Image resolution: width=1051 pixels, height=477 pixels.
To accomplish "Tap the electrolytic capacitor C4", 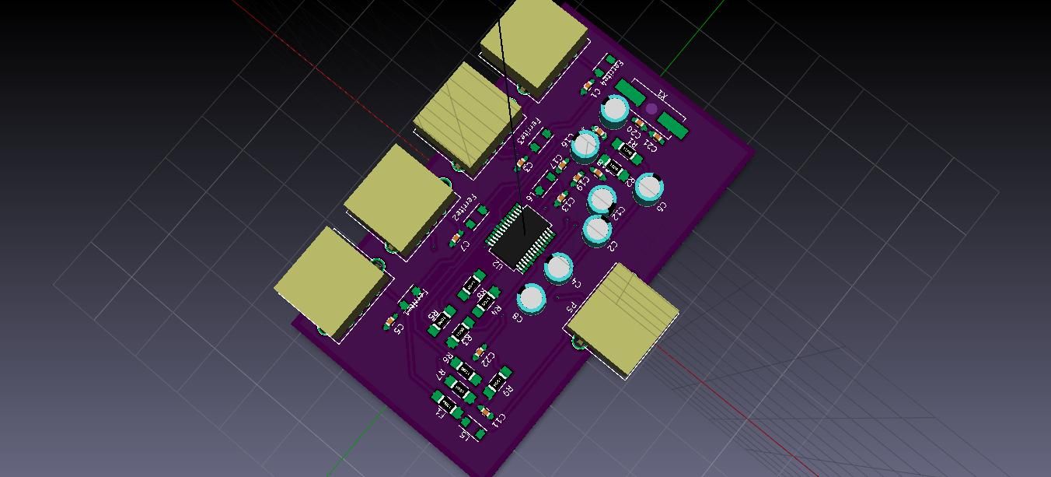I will pos(558,268).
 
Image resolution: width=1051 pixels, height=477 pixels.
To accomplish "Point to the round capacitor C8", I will pos(532,298).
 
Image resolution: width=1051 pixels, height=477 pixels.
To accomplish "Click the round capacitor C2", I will pos(597,229).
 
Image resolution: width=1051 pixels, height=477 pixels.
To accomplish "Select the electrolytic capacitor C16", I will pos(585,145).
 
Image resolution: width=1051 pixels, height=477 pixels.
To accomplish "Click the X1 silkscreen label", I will pos(662,96).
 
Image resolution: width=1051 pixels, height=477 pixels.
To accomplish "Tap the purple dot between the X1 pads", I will pos(651,110).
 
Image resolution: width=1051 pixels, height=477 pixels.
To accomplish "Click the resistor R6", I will pos(466,370).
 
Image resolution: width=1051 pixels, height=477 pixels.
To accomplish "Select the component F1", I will pos(448,403).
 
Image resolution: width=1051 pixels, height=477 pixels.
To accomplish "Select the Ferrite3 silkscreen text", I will pos(528,131).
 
